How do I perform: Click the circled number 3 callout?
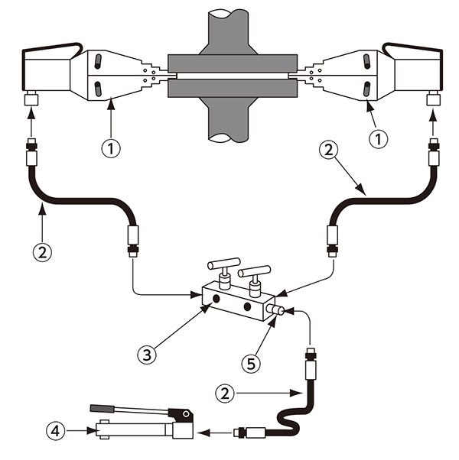(147, 355)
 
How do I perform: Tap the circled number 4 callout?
(56, 431)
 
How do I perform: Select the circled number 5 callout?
(251, 364)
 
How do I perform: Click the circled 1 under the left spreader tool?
(111, 148)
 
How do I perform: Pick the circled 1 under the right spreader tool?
(378, 139)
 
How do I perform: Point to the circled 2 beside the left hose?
(42, 252)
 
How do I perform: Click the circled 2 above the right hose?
(329, 150)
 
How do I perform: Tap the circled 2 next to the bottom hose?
(225, 393)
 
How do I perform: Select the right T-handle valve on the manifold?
(254, 280)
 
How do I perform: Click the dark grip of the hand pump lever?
(103, 408)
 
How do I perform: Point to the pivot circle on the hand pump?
(186, 413)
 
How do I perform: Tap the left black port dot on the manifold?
(216, 299)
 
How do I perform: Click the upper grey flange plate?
(233, 63)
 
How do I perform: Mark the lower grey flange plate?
(233, 88)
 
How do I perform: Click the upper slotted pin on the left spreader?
(99, 62)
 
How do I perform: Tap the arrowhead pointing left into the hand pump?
(203, 432)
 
